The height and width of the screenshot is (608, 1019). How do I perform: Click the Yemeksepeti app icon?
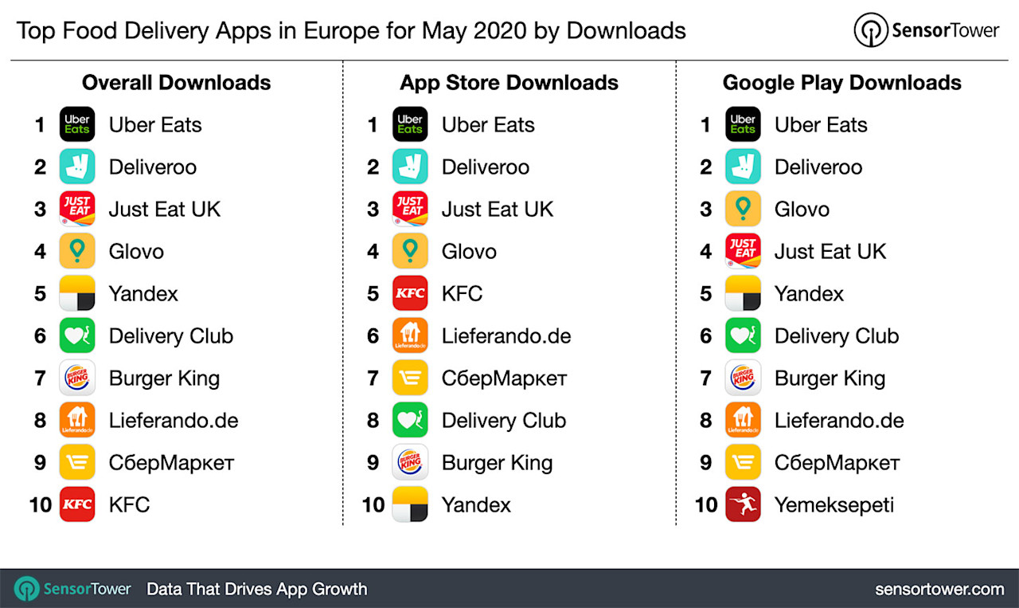click(743, 504)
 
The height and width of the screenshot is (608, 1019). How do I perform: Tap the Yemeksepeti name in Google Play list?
click(834, 504)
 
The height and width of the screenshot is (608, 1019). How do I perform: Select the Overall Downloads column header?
click(176, 83)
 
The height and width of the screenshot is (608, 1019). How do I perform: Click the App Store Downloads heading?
click(509, 83)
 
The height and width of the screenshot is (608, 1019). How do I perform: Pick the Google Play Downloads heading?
click(841, 83)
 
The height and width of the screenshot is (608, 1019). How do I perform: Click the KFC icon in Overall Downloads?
click(77, 504)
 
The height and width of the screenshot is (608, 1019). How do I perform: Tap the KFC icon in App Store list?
click(410, 293)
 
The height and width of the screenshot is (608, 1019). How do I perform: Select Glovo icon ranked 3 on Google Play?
click(743, 209)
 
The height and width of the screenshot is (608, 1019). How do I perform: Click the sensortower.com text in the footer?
click(939, 590)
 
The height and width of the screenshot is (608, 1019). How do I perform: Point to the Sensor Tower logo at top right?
click(926, 30)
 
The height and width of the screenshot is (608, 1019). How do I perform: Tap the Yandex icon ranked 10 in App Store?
click(410, 504)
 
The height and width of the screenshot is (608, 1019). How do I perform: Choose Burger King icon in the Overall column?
click(77, 378)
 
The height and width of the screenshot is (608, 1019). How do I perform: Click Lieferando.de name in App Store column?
click(506, 335)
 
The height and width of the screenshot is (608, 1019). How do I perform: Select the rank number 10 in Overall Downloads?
click(40, 504)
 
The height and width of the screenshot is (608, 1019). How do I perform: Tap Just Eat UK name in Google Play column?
click(830, 251)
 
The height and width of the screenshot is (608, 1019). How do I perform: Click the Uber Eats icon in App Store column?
click(410, 124)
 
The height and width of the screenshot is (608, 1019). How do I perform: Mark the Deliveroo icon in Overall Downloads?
click(77, 167)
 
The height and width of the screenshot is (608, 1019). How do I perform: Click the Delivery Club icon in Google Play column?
click(743, 335)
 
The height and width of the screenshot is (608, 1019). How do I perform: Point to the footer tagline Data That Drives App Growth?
click(256, 590)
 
